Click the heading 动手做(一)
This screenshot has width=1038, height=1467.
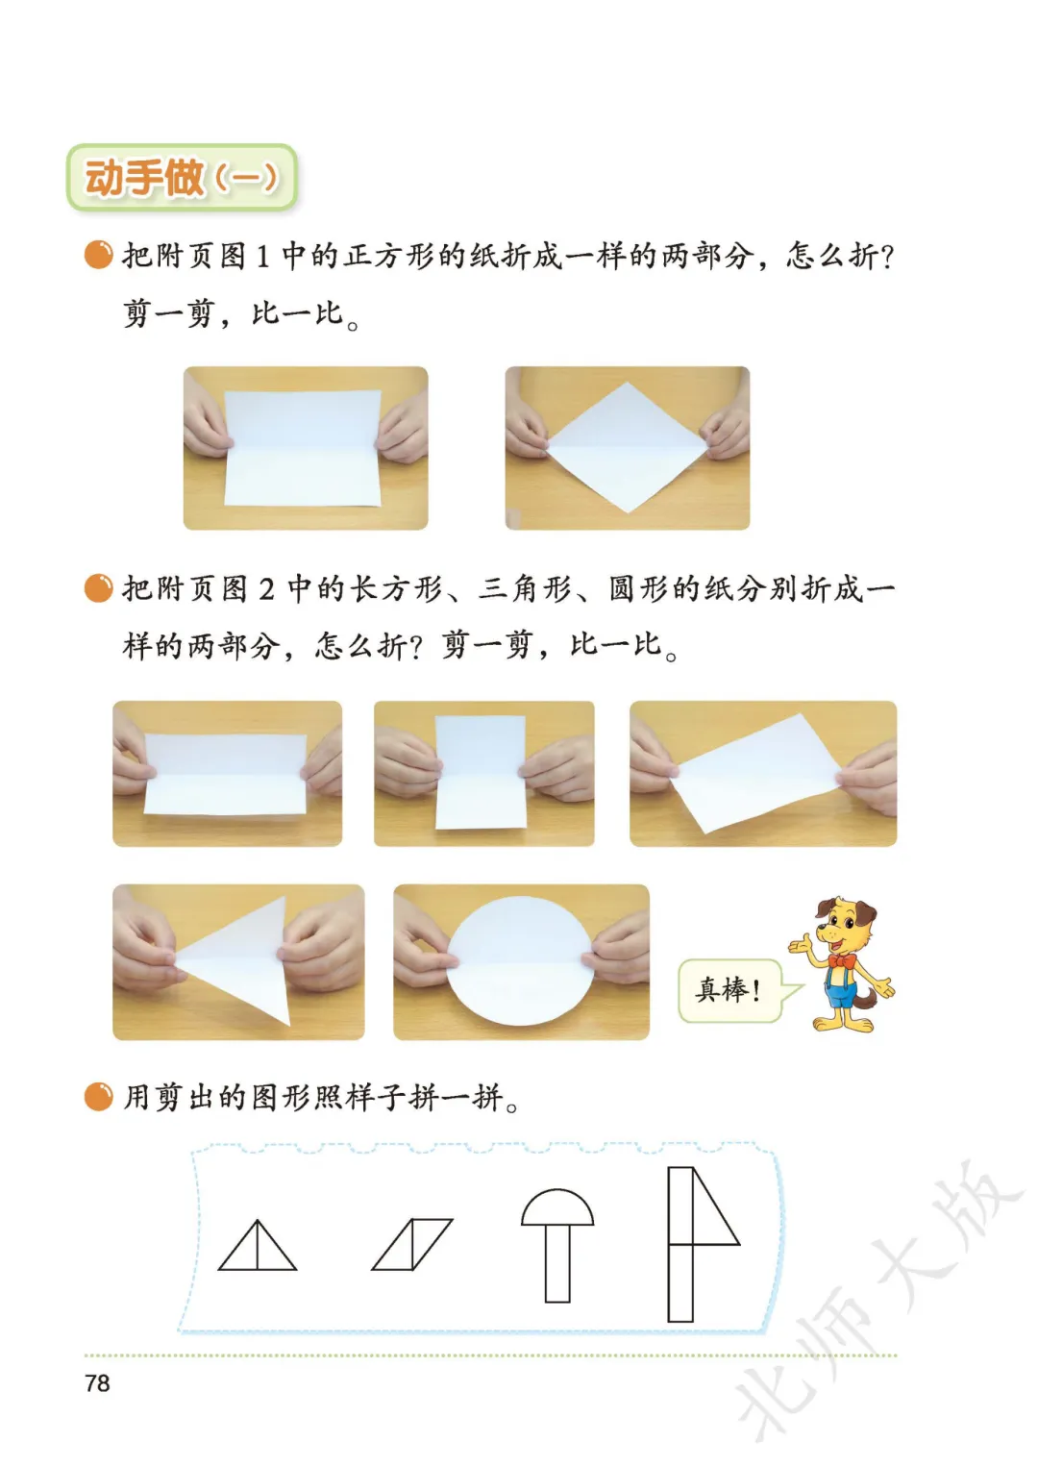(182, 178)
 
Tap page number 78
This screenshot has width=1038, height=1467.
(98, 1383)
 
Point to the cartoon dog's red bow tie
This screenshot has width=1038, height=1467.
(843, 960)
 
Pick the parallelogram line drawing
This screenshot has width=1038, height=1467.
(412, 1244)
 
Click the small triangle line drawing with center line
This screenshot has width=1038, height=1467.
(258, 1245)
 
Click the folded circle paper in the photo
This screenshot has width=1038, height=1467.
(520, 960)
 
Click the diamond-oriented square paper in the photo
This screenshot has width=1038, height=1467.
(628, 447)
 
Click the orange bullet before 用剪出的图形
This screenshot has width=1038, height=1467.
(98, 1097)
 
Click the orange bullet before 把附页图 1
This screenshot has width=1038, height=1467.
(98, 255)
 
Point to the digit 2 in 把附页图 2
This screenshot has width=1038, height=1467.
(266, 589)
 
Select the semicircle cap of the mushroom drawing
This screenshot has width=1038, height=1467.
(557, 1207)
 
